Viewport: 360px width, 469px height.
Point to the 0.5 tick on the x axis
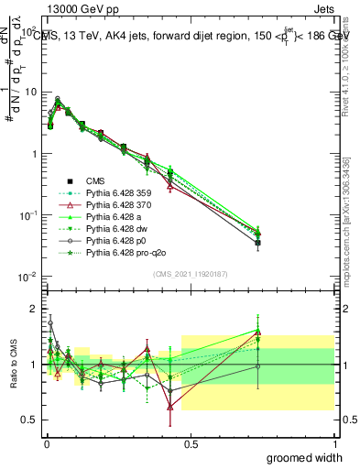point(191,443)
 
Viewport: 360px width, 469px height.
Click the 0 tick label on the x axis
point(46,443)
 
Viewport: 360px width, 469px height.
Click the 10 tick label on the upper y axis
point(29,92)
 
